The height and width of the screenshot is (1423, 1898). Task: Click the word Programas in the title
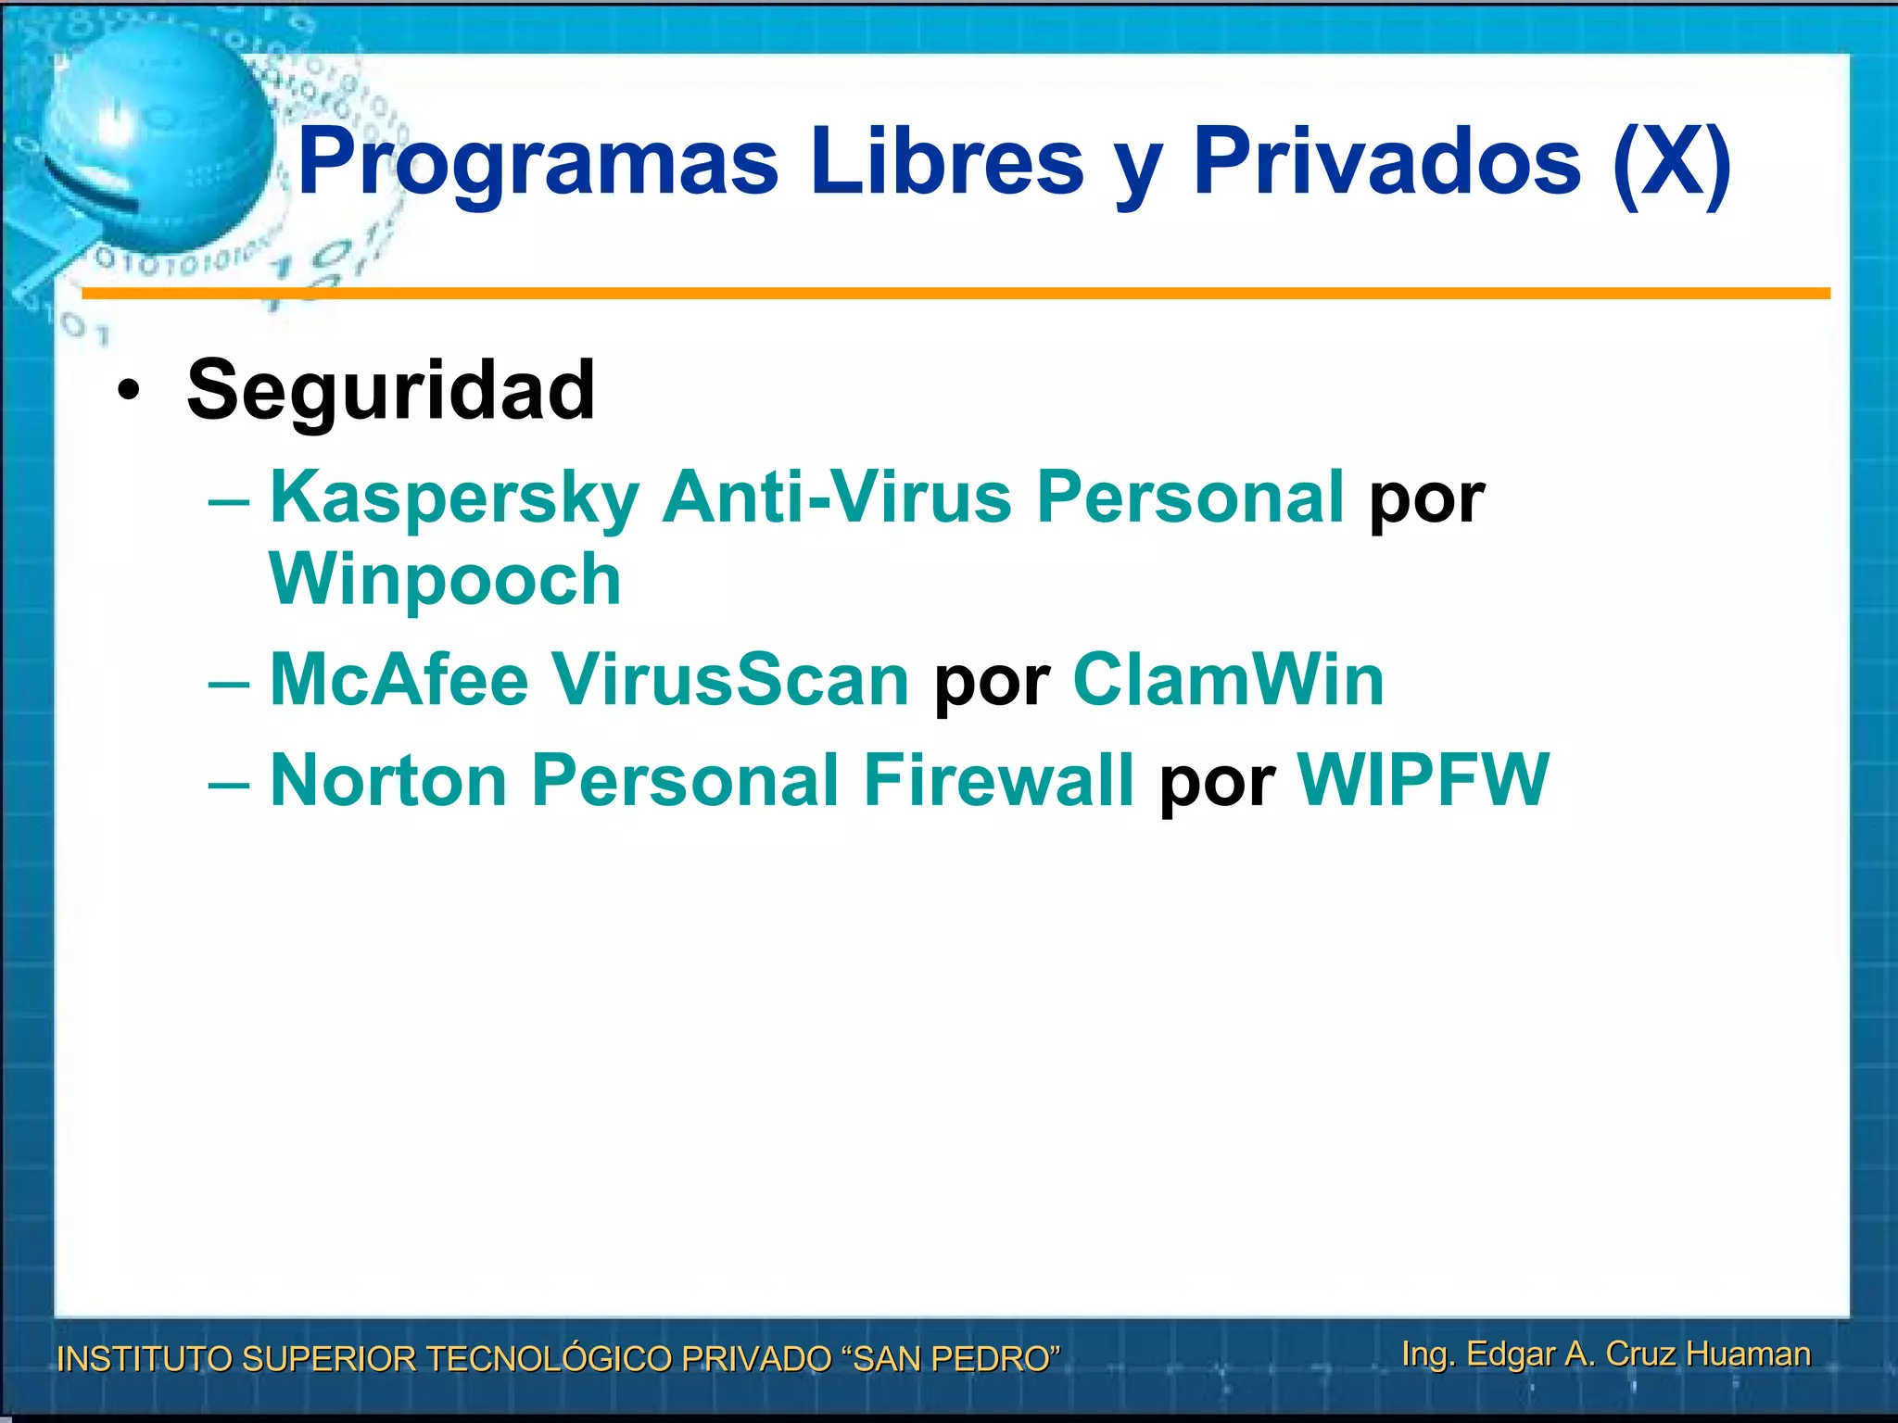tap(538, 163)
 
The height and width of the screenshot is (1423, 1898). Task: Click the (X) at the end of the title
tap(1671, 163)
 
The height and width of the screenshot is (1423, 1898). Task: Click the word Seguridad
tap(390, 390)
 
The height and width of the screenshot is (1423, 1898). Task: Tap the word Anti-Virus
tap(836, 497)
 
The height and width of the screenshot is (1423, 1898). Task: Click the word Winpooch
tap(445, 580)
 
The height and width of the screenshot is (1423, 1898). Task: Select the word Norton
tap(388, 780)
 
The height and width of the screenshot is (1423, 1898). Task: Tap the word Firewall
tap(998, 780)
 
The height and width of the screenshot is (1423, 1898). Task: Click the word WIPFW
tap(1423, 780)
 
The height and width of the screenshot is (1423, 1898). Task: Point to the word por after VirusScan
tap(992, 684)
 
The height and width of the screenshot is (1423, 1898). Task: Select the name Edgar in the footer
tap(1511, 1354)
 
